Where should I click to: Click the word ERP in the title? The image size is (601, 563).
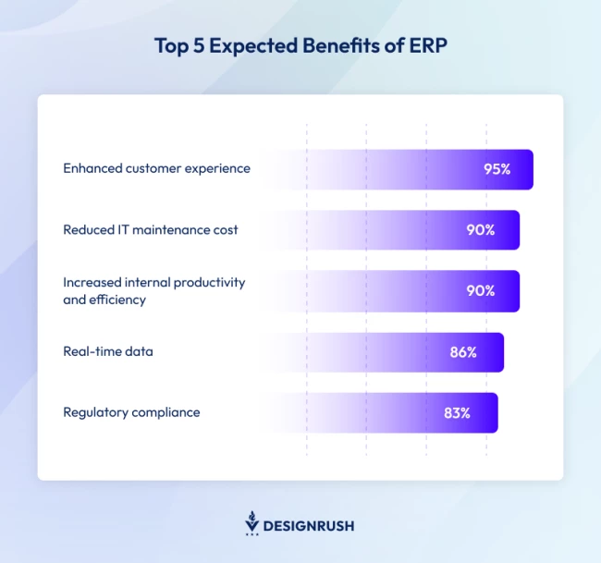point(427,47)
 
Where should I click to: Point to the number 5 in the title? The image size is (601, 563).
point(196,47)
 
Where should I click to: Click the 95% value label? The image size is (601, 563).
point(497,169)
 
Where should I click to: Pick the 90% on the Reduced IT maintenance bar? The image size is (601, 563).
point(480,229)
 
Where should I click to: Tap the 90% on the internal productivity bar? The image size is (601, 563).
point(480,290)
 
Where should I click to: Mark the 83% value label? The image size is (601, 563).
point(457,413)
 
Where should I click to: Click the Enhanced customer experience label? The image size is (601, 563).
point(156,168)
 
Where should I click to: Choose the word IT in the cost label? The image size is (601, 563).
point(123,229)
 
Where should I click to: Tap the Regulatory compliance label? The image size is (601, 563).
point(131,412)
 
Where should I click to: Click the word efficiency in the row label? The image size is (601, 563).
point(118,300)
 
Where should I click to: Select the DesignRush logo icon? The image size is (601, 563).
point(251,523)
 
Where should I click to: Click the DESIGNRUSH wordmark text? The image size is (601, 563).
point(309,526)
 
